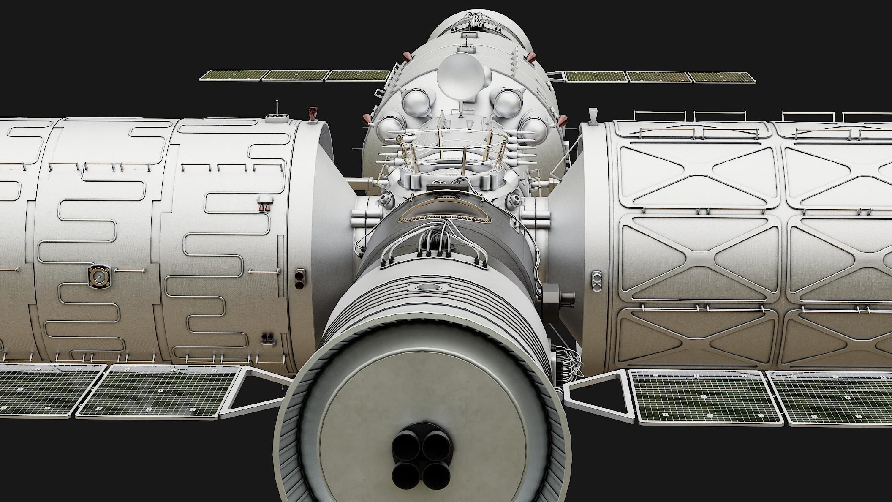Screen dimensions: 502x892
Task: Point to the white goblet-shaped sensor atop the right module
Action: (593, 115)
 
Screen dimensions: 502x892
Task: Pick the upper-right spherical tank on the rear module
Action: (507, 102)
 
